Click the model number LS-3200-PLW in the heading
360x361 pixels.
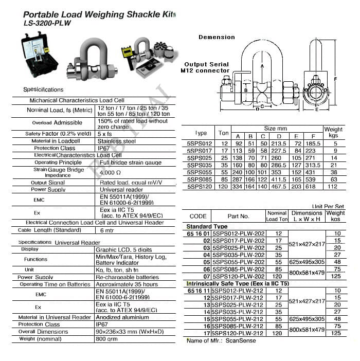[x=47, y=23]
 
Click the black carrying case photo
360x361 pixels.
[x=41, y=53]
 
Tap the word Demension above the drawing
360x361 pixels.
[x=217, y=38]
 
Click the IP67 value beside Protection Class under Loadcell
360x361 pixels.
[x=105, y=148]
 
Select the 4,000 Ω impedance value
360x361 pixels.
[x=111, y=173]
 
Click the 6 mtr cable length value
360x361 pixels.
[x=107, y=230]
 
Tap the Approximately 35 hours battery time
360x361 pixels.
[x=127, y=284]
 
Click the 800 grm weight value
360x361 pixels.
[x=107, y=339]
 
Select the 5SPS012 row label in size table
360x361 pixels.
[x=200, y=143]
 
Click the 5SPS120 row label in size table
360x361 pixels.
[x=200, y=187]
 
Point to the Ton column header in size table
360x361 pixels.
[x=224, y=133]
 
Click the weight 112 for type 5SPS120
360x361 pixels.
[x=333, y=187]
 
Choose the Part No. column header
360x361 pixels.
[x=238, y=216]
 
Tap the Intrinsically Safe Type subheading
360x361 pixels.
[x=237, y=283]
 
